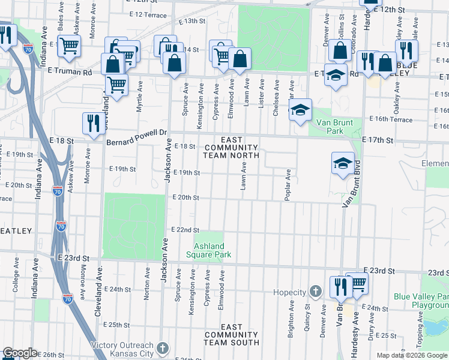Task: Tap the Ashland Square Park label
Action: [209, 250]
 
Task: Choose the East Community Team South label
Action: [231, 335]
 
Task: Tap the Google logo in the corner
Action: [20, 353]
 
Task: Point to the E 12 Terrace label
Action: [147, 14]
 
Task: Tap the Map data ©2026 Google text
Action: [411, 355]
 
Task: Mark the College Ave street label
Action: [15, 275]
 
